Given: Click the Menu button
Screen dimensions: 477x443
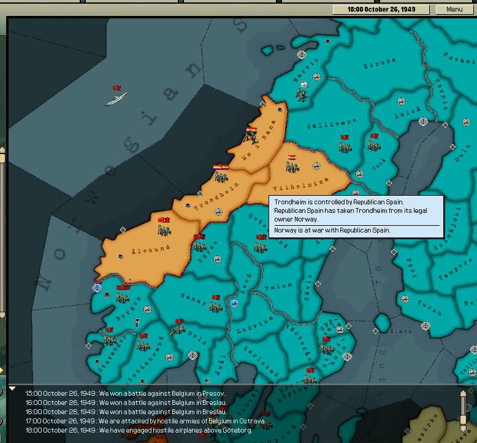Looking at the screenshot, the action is click(x=454, y=9).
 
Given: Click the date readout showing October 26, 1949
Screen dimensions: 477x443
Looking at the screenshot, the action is click(x=381, y=9).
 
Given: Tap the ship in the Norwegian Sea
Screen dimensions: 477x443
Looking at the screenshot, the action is click(x=116, y=98).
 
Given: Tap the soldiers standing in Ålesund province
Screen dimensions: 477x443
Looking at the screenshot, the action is click(x=164, y=230).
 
